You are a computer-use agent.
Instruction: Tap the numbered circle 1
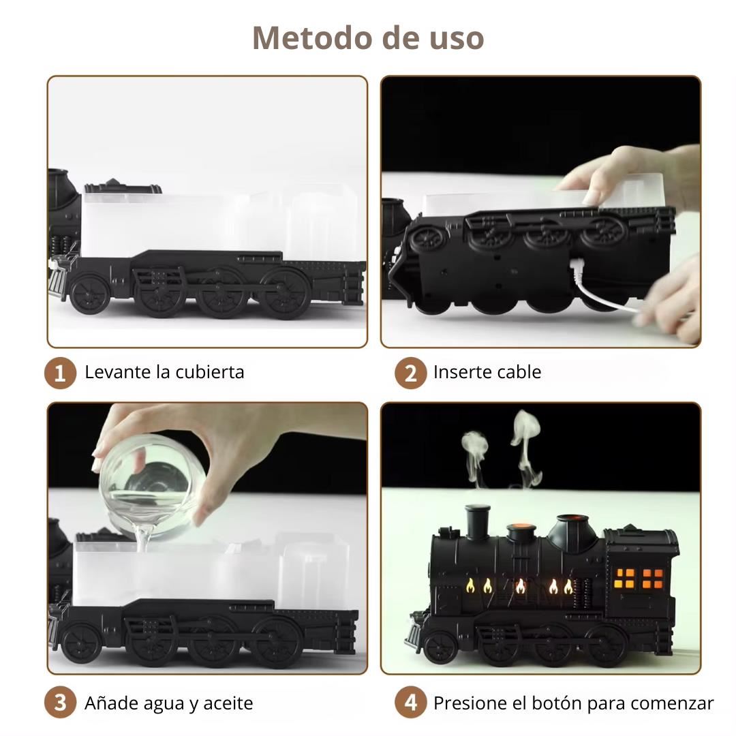pyautogui.click(x=60, y=373)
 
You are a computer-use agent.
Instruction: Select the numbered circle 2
pyautogui.click(x=410, y=373)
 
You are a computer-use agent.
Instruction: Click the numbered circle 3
pyautogui.click(x=60, y=703)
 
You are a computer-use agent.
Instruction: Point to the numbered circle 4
pyautogui.click(x=410, y=703)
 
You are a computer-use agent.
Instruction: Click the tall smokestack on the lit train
pyautogui.click(x=477, y=521)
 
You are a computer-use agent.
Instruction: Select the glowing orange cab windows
pyautogui.click(x=639, y=579)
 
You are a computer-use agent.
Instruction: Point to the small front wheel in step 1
pyautogui.click(x=89, y=293)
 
